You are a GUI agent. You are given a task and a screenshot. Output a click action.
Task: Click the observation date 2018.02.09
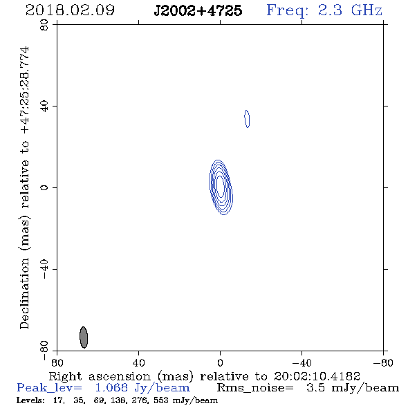[x=70, y=10]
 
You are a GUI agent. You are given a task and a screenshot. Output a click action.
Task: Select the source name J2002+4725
[x=198, y=10]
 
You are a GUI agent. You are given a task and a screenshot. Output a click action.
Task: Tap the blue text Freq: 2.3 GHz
[x=324, y=10]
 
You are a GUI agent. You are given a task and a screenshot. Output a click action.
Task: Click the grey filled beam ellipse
[x=84, y=337]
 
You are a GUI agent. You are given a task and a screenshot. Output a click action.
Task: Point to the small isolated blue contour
[x=247, y=119]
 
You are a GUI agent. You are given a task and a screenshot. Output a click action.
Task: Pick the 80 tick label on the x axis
[x=57, y=363]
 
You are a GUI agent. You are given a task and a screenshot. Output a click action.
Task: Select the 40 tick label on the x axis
[x=138, y=363]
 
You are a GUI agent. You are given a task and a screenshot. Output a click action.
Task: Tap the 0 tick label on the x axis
[x=220, y=363]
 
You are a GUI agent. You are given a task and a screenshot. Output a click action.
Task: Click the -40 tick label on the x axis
[x=302, y=363]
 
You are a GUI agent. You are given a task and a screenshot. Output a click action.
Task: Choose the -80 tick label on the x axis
[x=383, y=363]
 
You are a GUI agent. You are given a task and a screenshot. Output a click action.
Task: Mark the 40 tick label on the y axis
[x=44, y=106]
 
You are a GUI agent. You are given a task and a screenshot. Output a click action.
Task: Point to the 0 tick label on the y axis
[x=44, y=187]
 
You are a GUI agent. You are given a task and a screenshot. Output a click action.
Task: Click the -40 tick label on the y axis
[x=44, y=269]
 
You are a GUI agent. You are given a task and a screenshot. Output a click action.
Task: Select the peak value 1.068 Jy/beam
[x=142, y=388]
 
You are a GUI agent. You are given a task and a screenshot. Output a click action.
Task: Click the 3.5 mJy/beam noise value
[x=353, y=388]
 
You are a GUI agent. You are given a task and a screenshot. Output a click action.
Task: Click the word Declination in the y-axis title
[x=24, y=293]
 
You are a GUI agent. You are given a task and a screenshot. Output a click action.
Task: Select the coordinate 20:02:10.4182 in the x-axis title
[x=317, y=376]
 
